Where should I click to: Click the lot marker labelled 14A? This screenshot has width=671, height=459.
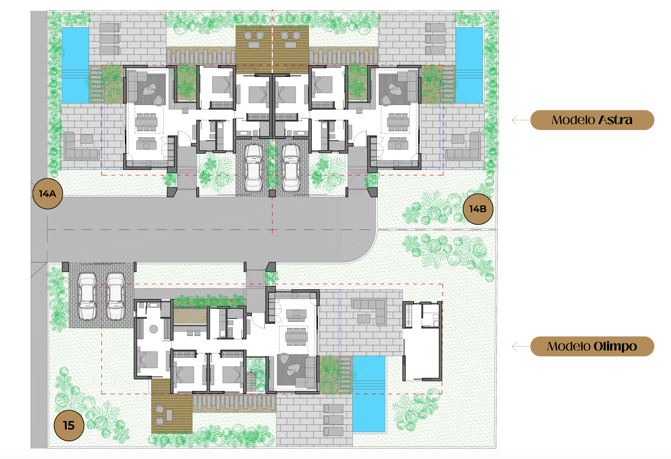pyautogui.click(x=48, y=194)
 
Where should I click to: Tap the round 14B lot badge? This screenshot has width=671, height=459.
pyautogui.click(x=478, y=209)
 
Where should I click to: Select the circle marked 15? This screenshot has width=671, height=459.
pyautogui.click(x=69, y=425)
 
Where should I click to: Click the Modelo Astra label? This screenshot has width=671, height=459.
pyautogui.click(x=592, y=120)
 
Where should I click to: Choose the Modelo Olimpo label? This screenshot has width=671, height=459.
pyautogui.click(x=592, y=346)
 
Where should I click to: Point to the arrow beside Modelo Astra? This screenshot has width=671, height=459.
pyautogui.click(x=521, y=120)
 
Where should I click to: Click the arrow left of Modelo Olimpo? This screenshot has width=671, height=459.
pyautogui.click(x=521, y=346)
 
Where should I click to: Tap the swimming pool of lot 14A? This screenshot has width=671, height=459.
pyautogui.click(x=75, y=65)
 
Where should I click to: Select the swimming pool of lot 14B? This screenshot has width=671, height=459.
pyautogui.click(x=469, y=65)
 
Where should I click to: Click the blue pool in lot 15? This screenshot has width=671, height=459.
pyautogui.click(x=369, y=394)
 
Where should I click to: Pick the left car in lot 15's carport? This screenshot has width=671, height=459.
pyautogui.click(x=87, y=296)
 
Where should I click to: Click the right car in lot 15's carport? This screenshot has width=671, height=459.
pyautogui.click(x=116, y=296)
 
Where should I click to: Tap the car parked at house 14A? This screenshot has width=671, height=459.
pyautogui.click(x=254, y=168)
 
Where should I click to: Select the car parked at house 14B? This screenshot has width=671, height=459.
pyautogui.click(x=291, y=168)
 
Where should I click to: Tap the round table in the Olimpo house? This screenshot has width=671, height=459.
pyautogui.click(x=154, y=329)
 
